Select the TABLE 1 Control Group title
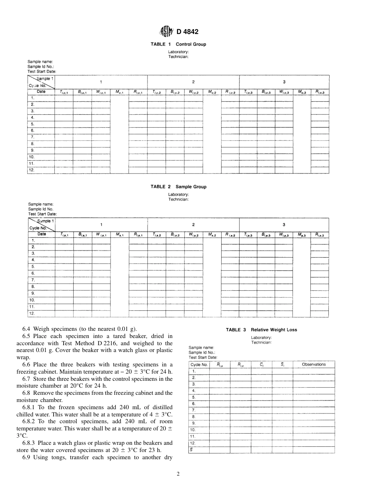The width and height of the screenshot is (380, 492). pyautogui.click(x=178, y=44)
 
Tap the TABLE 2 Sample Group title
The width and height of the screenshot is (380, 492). pyautogui.click(x=178, y=187)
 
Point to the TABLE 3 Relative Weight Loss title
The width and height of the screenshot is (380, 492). pyautogui.click(x=261, y=330)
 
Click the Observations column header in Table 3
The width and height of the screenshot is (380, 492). pyautogui.click(x=314, y=364)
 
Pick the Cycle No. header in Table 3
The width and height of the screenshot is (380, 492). pyautogui.click(x=199, y=364)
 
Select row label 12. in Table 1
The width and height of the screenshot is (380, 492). pyautogui.click(x=32, y=170)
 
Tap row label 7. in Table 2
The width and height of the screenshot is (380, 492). pyautogui.click(x=33, y=280)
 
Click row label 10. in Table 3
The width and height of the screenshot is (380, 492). pyautogui.click(x=193, y=430)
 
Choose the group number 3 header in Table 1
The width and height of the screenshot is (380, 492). pyautogui.click(x=284, y=82)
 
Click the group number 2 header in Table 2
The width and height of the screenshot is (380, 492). pyautogui.click(x=194, y=224)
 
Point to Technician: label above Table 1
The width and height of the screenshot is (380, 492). pyautogui.click(x=178, y=57)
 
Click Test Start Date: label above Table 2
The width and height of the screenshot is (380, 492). pyautogui.click(x=42, y=214)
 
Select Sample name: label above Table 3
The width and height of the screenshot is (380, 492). pyautogui.click(x=201, y=348)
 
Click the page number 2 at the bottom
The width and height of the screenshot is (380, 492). pyautogui.click(x=178, y=474)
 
